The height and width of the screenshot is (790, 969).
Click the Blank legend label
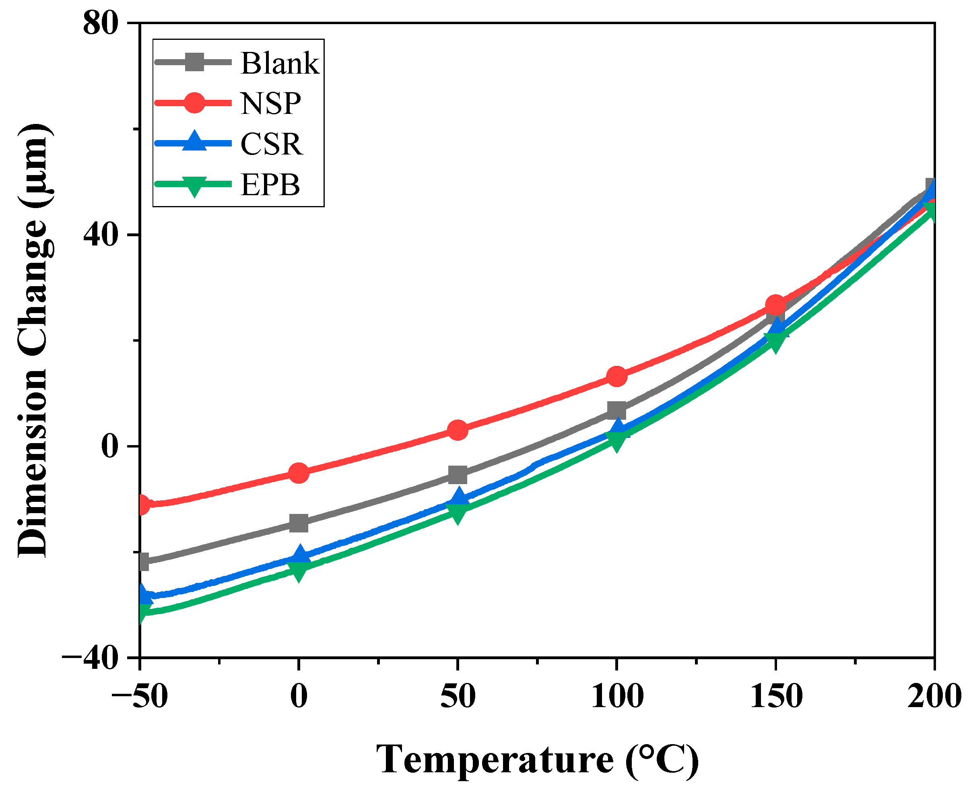(x=279, y=63)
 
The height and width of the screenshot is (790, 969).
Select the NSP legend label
(x=271, y=104)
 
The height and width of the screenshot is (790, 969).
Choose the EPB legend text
(x=270, y=185)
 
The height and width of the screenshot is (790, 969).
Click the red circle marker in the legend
(x=195, y=102)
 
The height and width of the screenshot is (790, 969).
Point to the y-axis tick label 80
(x=101, y=24)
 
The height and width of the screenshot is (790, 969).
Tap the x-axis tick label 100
(x=616, y=696)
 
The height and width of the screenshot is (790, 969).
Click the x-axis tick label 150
(x=776, y=696)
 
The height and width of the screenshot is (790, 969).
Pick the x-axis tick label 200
(x=934, y=696)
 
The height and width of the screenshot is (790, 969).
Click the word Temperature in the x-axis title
(x=494, y=759)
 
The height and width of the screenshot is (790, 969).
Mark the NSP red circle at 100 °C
(x=616, y=376)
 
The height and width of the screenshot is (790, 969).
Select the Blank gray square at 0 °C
(x=299, y=523)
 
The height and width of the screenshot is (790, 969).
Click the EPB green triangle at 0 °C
(x=299, y=570)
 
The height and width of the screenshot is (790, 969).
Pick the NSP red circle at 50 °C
(x=458, y=429)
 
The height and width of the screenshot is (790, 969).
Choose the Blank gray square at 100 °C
(x=616, y=410)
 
